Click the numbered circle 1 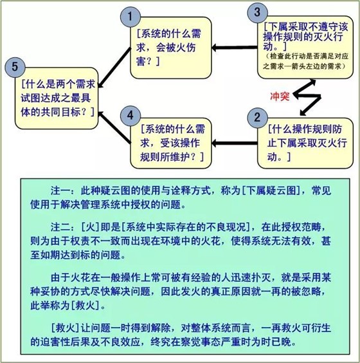pyautogui.click(x=130, y=17)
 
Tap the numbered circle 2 pyautogui.click(x=257, y=118)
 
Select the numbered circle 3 pyautogui.click(x=257, y=12)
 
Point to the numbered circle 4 pyautogui.click(x=130, y=115)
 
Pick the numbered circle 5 pyautogui.click(x=15, y=67)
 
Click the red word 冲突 pyautogui.click(x=280, y=96)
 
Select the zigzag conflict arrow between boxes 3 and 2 pyautogui.click(x=307, y=97)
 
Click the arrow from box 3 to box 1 pyautogui.click(x=235, y=48)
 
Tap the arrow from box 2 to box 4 pyautogui.click(x=235, y=144)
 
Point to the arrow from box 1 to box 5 pyautogui.click(x=114, y=68)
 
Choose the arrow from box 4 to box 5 pyautogui.click(x=114, y=127)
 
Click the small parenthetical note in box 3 pyautogui.click(x=305, y=61)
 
